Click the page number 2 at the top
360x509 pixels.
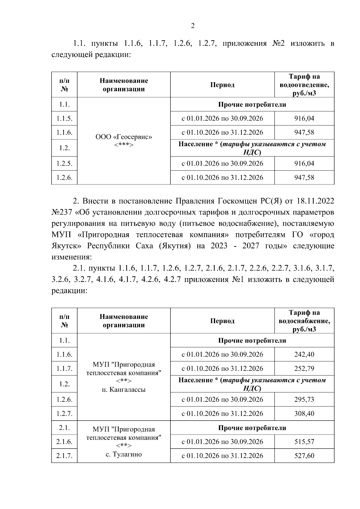[x=193, y=26]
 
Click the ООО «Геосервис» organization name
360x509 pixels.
[x=124, y=137]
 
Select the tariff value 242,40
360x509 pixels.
[x=304, y=354]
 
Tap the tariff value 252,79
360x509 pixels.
[x=304, y=368]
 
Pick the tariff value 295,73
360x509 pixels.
[x=304, y=399]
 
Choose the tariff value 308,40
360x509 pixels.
[x=304, y=413]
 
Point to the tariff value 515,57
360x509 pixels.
[x=304, y=442]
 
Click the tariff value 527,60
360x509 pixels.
[x=304, y=456]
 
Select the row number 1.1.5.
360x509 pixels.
[x=64, y=118]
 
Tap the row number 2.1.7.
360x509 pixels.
[x=64, y=456]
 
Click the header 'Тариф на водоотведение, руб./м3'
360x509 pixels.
[x=304, y=85]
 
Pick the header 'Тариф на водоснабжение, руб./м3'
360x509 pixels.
[x=304, y=321]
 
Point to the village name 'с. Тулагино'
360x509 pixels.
[x=124, y=454]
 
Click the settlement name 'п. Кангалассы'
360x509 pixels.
[x=124, y=390]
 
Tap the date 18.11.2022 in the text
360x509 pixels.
[x=315, y=201]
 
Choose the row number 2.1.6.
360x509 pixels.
[x=64, y=442]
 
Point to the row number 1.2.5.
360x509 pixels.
[x=64, y=163]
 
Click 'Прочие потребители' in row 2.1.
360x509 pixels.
[x=252, y=428]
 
